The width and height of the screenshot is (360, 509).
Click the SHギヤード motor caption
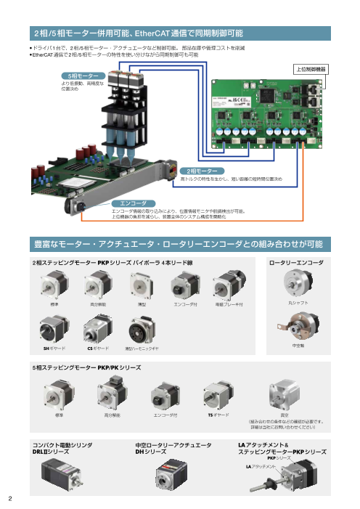(55, 349)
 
